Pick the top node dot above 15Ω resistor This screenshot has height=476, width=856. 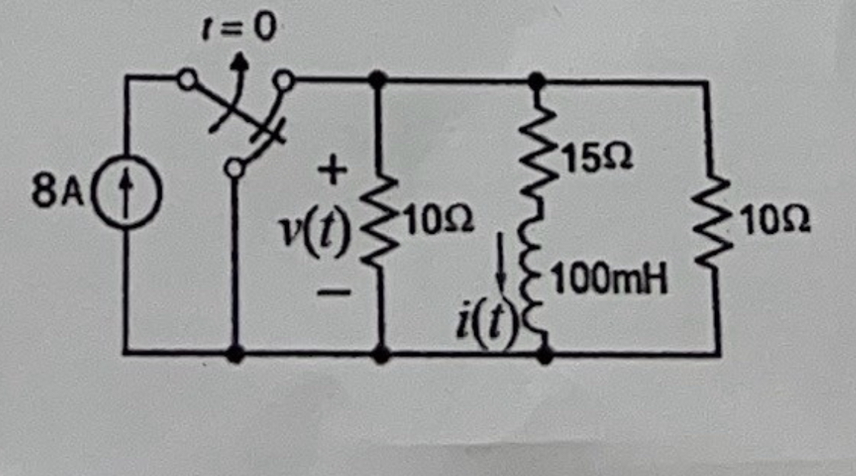(x=537, y=78)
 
